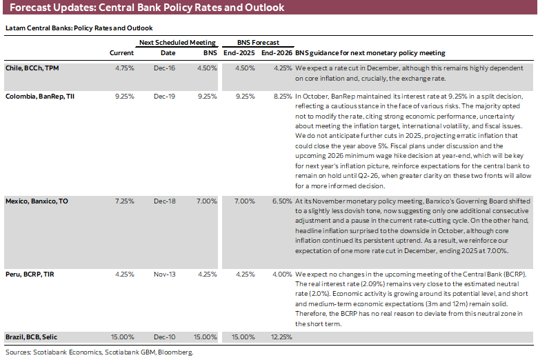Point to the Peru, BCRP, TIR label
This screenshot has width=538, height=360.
(x=30, y=273)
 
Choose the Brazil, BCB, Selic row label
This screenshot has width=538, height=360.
(x=32, y=337)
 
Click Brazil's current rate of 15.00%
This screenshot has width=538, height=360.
(x=122, y=337)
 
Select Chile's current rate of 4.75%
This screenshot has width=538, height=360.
(x=123, y=69)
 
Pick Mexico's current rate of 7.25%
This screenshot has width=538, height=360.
(x=123, y=200)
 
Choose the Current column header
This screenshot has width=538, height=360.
(x=122, y=53)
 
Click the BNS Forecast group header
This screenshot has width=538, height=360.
(x=255, y=42)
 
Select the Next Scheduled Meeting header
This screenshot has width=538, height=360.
(x=177, y=42)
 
